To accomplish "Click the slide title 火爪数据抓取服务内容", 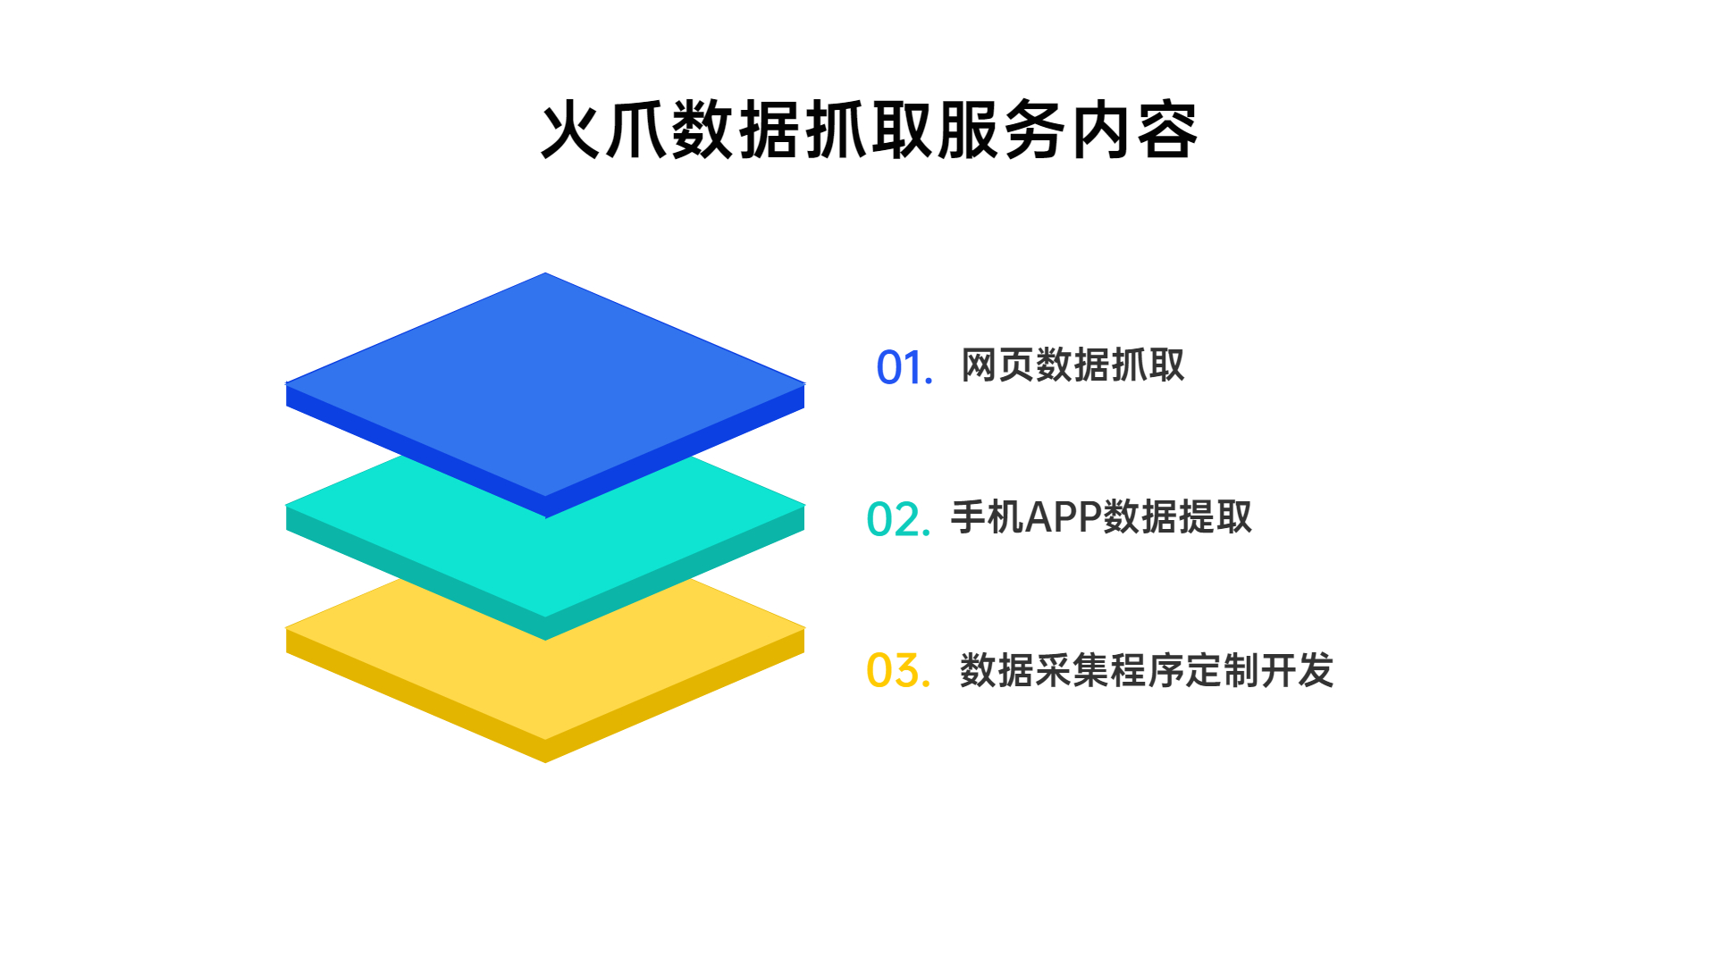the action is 869,130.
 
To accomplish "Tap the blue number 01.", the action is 904,367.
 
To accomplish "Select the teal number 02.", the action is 898,519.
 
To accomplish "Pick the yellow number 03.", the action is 898,670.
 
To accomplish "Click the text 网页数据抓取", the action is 1072,365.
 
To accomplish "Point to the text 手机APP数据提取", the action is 1101,517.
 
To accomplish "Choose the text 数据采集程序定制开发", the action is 1147,670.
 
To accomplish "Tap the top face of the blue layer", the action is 545,384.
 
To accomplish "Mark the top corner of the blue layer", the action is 545,273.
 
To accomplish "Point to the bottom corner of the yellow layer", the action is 545,762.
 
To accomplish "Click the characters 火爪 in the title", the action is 604,130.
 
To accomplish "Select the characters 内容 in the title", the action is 1134,130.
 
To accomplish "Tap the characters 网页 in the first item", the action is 997,365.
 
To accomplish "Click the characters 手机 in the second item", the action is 987,517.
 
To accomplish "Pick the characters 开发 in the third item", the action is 1297,670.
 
